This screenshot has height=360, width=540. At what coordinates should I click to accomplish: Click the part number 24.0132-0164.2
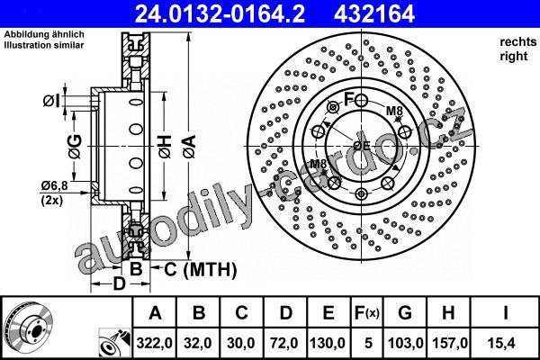[220, 13]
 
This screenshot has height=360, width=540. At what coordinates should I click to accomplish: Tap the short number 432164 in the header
[374, 13]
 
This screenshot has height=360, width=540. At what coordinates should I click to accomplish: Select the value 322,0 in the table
[154, 343]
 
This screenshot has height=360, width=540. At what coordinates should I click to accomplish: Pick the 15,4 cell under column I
[505, 343]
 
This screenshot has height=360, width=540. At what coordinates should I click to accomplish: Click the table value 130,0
[328, 343]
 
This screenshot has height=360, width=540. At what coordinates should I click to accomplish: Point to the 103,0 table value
[405, 343]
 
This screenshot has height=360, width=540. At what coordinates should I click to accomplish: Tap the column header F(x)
[367, 313]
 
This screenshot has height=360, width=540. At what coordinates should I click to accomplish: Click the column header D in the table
[285, 313]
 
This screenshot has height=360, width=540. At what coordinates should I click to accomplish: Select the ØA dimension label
[190, 147]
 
